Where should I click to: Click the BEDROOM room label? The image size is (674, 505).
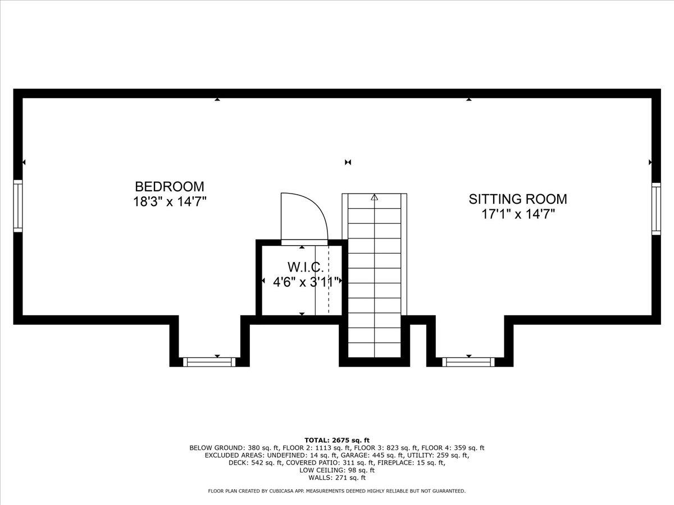click(170, 186)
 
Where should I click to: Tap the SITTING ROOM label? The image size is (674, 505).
click(518, 199)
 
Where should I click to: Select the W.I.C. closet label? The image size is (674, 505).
click(306, 267)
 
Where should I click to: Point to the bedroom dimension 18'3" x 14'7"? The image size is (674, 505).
click(170, 201)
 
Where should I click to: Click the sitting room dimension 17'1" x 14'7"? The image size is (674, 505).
click(518, 214)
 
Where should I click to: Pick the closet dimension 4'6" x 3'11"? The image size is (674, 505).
click(307, 282)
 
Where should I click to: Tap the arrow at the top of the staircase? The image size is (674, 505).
click(374, 198)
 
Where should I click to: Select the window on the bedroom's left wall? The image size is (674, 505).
click(18, 206)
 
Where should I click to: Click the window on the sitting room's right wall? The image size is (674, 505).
click(656, 209)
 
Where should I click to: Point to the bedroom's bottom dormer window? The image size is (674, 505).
click(209, 362)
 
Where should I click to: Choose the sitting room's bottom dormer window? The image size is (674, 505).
click(468, 362)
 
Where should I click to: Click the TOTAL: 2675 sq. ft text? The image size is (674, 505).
click(337, 440)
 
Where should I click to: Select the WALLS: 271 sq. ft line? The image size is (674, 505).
click(337, 478)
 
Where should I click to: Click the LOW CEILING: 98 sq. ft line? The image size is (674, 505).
click(337, 470)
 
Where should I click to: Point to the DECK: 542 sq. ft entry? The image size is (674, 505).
click(255, 463)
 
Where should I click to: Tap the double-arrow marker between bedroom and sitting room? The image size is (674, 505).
click(348, 162)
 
